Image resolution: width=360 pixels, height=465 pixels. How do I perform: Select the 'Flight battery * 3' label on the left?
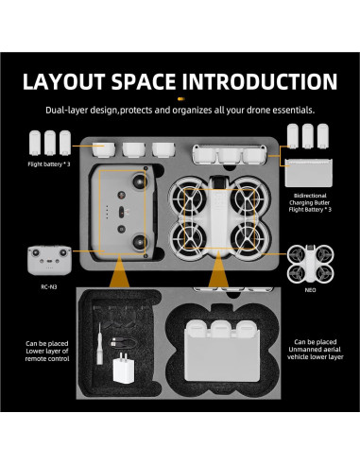click(x=49, y=162)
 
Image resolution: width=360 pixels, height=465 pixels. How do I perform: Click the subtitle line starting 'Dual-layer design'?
click(x=180, y=109)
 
